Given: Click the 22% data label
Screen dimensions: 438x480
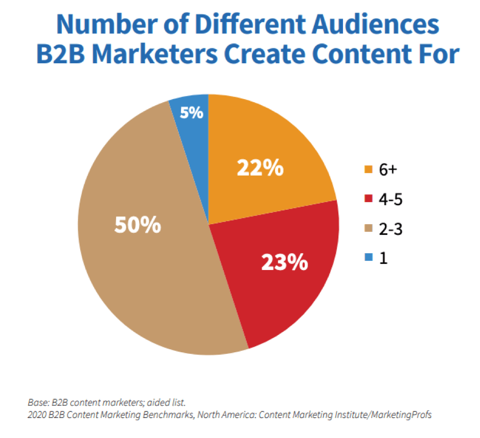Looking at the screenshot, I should click(x=260, y=167).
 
